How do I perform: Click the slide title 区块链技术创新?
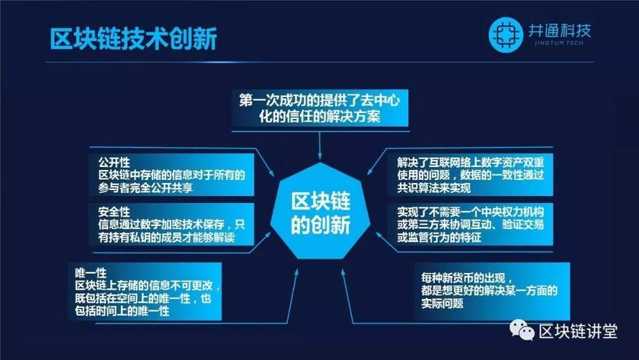(x=133, y=39)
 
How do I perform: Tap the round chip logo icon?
(x=505, y=35)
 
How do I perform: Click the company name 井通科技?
(x=559, y=30)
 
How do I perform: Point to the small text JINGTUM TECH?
(x=558, y=42)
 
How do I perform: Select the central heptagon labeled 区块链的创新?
(x=320, y=211)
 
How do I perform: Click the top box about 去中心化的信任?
(x=320, y=108)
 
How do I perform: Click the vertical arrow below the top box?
(x=320, y=145)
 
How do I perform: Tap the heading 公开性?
(x=114, y=162)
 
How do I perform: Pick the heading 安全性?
(x=114, y=212)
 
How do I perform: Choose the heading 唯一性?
(x=91, y=273)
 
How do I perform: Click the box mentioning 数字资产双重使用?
(x=471, y=175)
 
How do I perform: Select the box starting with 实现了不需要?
(x=471, y=224)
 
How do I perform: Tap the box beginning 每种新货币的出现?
(x=492, y=291)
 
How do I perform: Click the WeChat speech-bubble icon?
(x=522, y=330)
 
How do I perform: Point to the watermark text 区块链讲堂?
(x=578, y=331)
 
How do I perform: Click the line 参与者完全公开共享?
(x=145, y=188)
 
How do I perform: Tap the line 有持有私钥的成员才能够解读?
(x=166, y=238)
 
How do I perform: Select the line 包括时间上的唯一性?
(x=122, y=311)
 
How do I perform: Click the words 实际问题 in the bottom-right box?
(x=442, y=303)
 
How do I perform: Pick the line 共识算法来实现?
(x=434, y=188)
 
